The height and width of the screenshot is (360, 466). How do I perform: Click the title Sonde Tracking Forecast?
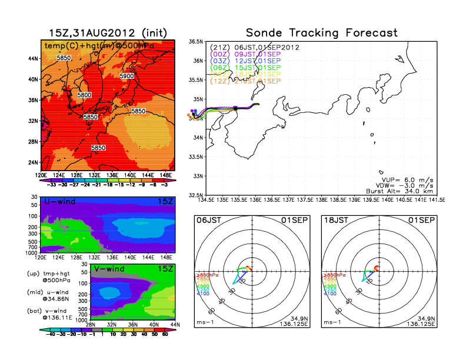point(321,33)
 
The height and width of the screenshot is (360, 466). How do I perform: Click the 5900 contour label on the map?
point(127,76)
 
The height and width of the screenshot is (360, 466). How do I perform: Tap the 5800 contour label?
point(84,95)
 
